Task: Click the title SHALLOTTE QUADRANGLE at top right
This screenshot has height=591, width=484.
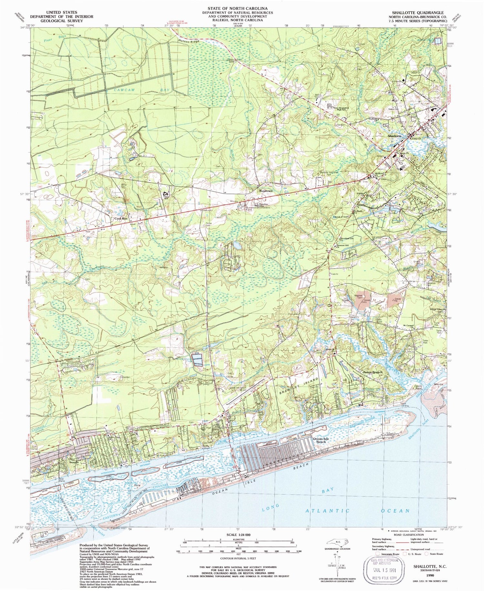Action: pos(418,13)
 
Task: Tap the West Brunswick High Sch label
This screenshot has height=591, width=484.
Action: pos(341,109)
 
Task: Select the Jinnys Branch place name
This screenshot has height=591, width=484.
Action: pos(372,372)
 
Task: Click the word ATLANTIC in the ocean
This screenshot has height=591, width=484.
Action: pos(327,511)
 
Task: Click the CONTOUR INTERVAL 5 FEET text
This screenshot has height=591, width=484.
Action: pos(238,558)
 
